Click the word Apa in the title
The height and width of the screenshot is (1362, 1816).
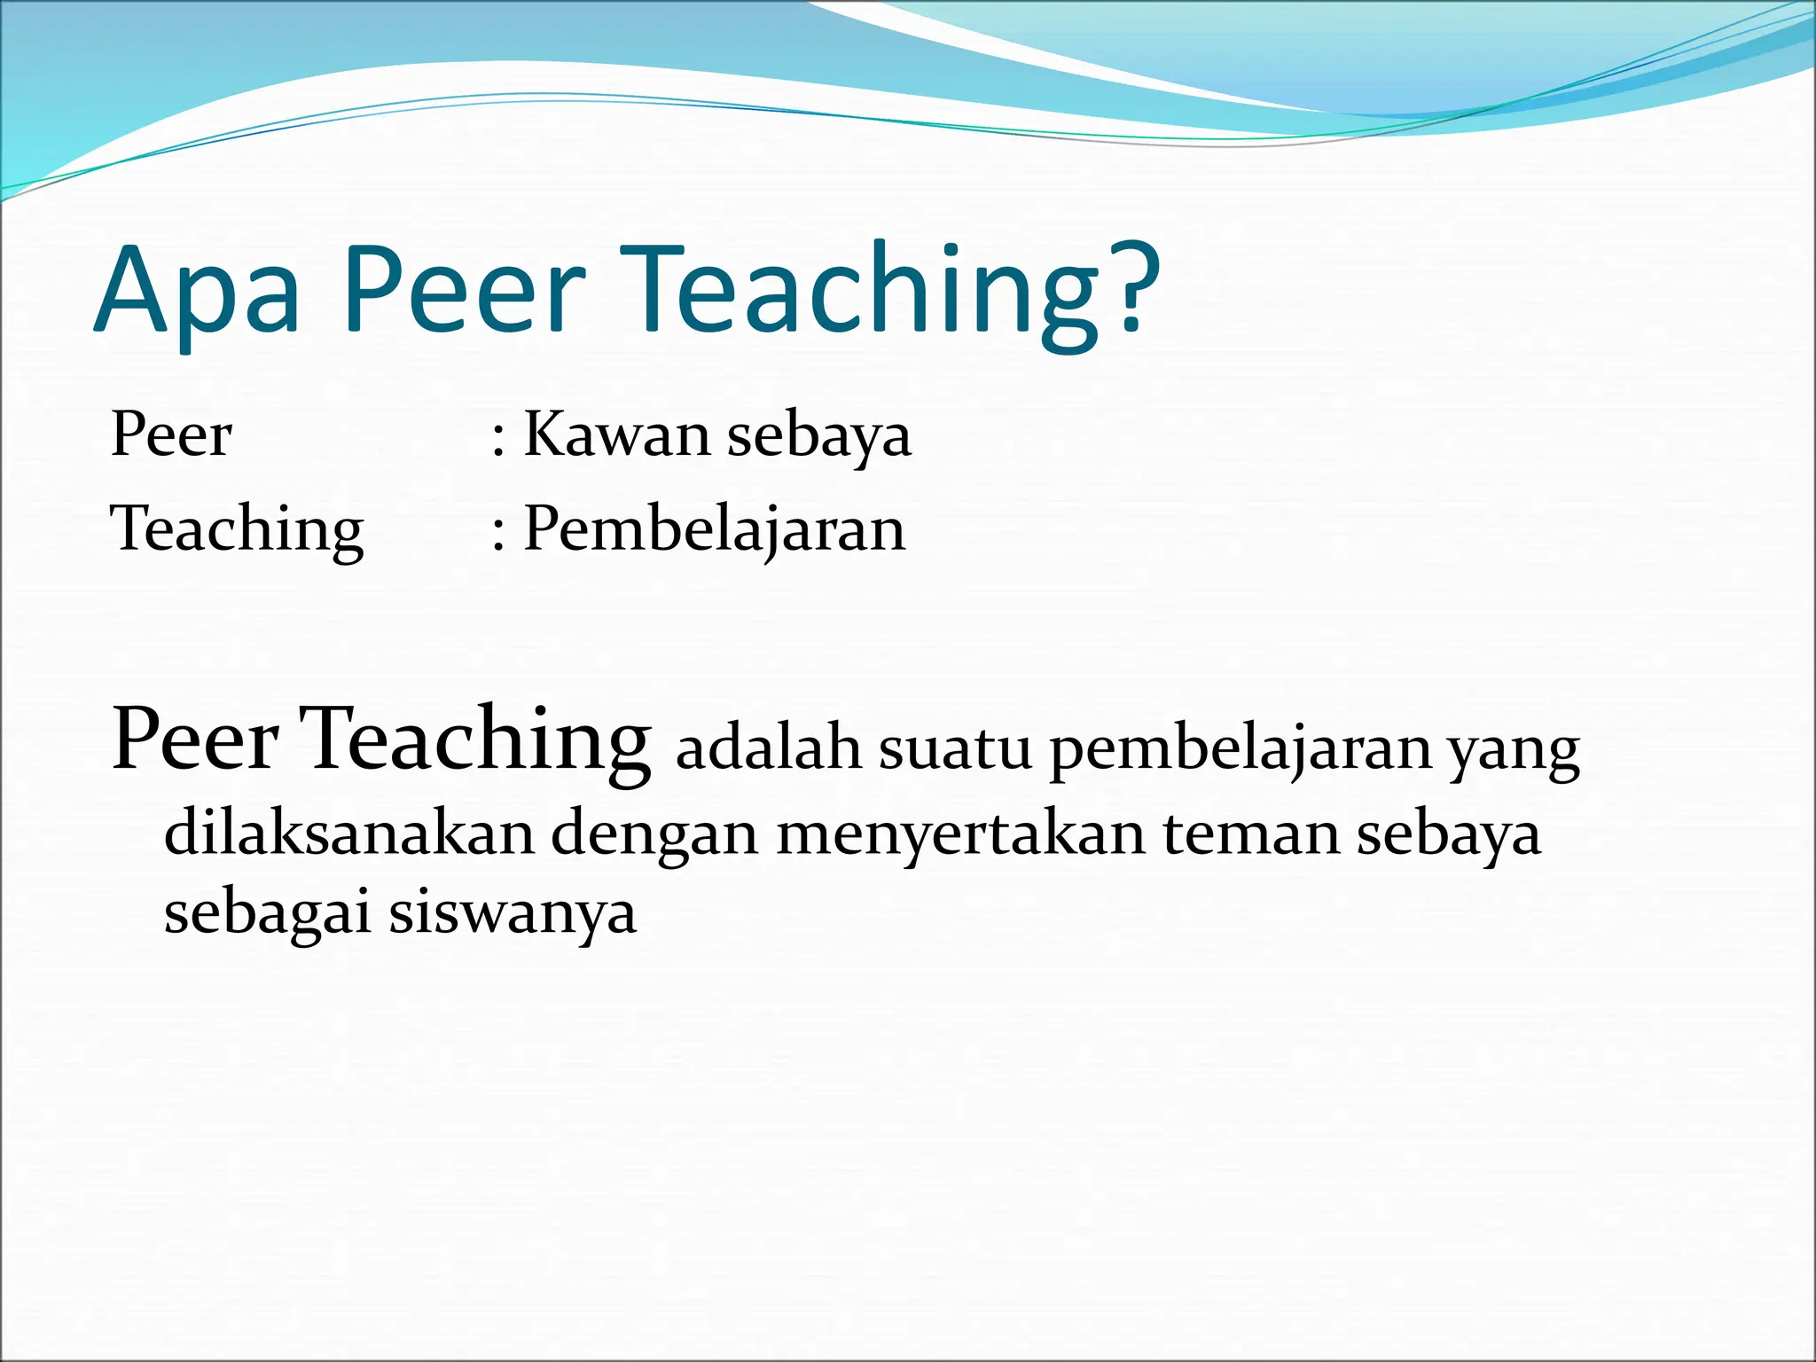tap(197, 293)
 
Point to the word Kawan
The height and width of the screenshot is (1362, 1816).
tap(617, 434)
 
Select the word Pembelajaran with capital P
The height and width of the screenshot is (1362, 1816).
tap(715, 530)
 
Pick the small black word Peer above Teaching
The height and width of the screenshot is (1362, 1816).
tap(171, 434)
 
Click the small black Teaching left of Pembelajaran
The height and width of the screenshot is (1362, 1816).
tap(237, 530)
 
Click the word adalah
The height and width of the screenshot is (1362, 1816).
tap(769, 748)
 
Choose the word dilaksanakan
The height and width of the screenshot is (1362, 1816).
tap(349, 834)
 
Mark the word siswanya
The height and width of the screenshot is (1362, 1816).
tap(513, 913)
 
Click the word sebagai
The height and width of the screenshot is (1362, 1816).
tap(267, 913)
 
